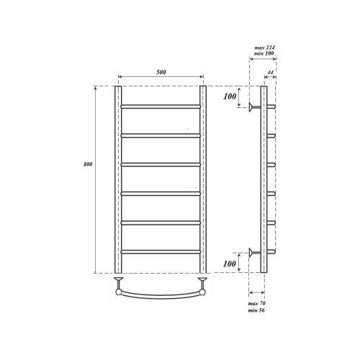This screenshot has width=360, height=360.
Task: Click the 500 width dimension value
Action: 161,71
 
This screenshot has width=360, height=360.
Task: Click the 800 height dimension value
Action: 86,165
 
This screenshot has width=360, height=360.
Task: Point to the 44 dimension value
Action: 270,73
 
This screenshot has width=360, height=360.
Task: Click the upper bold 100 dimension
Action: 230,96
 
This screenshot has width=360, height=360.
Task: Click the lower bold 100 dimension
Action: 230,265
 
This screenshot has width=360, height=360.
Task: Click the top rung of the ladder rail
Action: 161,107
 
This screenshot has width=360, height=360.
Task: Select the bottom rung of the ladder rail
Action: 161,251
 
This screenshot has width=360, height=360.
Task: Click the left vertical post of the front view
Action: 117,180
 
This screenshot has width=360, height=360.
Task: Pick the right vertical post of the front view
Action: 203,180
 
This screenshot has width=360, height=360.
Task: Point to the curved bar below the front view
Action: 161,295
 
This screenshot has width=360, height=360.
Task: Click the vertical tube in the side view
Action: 263,180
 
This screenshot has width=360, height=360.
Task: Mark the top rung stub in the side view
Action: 271,107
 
